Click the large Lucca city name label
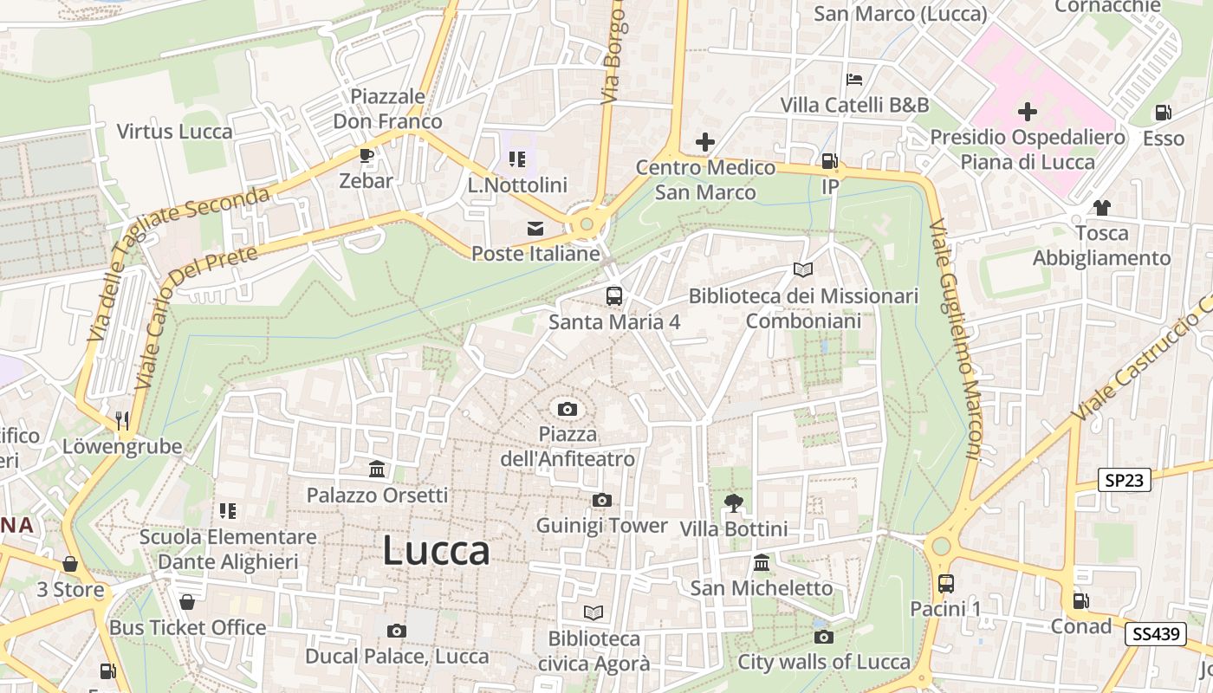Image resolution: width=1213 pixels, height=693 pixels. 436,551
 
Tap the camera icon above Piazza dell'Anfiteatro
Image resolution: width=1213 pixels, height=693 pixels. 568,409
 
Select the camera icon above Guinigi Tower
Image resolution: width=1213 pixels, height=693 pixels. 601,500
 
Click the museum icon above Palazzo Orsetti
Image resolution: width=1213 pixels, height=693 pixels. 377,470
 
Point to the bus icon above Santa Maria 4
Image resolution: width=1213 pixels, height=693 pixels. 613,296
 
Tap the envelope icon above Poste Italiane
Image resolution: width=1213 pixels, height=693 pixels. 535,229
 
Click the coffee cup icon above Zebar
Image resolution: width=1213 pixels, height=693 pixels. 366,156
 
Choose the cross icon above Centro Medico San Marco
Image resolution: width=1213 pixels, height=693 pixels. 705,142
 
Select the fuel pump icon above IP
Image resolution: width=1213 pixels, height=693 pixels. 829,161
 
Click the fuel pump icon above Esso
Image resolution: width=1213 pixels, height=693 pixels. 1163,113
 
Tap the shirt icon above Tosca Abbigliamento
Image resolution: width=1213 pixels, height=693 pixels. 1101,208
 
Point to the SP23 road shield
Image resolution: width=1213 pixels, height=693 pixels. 1124,480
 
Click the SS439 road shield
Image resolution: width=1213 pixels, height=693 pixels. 1156,634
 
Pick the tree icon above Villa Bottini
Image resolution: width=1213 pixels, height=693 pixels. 733,502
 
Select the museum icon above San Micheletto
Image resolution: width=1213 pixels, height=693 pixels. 762,563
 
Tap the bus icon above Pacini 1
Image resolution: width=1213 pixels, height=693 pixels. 945,584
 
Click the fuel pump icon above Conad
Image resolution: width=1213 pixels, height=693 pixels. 1080,600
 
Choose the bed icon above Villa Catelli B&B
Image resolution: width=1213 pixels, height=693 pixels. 854,80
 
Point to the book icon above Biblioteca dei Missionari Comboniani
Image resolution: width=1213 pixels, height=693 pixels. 803,270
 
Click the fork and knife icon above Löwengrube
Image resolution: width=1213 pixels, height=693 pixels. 122,421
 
